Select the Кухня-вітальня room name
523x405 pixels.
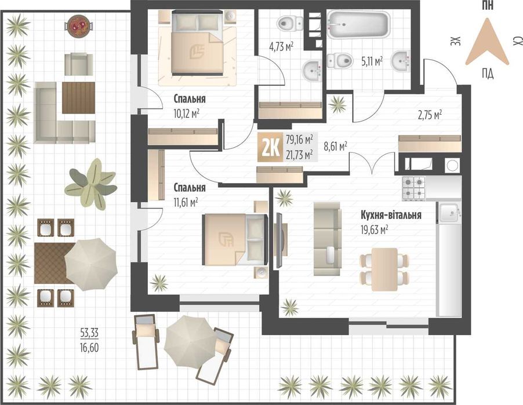point(390,215)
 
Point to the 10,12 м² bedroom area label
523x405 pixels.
point(187,113)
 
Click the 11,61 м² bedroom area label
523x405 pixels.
point(186,202)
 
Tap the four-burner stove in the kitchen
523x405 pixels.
point(415,187)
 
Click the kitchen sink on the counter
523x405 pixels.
point(449,213)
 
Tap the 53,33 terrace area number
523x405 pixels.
point(90,333)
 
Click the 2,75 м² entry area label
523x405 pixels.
point(430,115)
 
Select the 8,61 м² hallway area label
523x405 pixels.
point(335,147)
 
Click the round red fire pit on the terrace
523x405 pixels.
point(77,25)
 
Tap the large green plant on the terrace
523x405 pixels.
point(90,184)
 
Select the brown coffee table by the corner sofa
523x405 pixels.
point(78,97)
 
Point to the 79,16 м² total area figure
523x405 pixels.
point(299,139)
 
